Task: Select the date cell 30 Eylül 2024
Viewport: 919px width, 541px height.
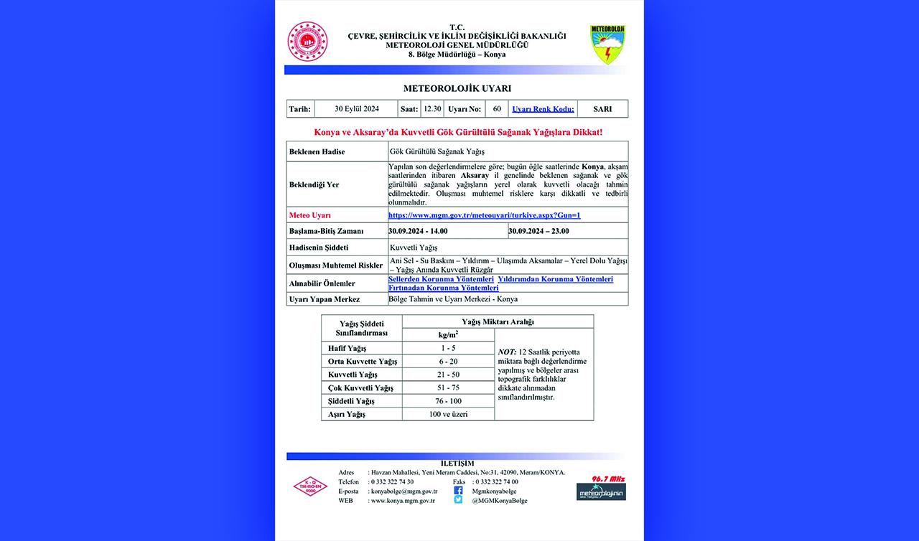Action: click(x=356, y=109)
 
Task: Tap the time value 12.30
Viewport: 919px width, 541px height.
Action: click(x=432, y=109)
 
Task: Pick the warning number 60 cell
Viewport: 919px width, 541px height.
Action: click(x=497, y=109)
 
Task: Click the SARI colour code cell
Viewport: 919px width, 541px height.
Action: click(x=602, y=109)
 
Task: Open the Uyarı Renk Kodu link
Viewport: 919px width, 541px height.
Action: click(x=543, y=109)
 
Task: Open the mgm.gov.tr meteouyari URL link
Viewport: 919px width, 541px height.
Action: click(x=484, y=215)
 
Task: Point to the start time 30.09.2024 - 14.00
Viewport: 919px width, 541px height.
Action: click(x=418, y=231)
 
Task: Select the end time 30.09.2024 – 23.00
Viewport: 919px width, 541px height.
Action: click(x=538, y=231)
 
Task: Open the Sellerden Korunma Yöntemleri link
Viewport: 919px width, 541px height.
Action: click(x=441, y=279)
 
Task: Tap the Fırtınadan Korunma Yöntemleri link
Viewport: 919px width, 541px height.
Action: click(x=443, y=288)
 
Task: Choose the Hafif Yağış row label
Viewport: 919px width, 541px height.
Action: click(x=347, y=348)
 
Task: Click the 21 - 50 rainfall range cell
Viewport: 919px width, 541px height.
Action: click(x=448, y=375)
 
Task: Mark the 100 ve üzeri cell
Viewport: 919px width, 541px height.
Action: click(x=448, y=414)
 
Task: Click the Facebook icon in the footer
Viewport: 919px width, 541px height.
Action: click(x=458, y=491)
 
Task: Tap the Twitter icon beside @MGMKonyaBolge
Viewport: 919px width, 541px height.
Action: click(x=458, y=500)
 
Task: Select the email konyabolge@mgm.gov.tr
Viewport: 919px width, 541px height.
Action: click(x=403, y=491)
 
